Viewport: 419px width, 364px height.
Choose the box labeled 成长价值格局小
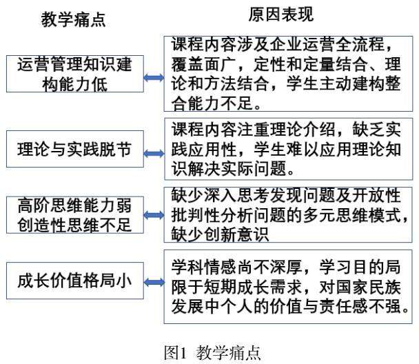tap(74, 281)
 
